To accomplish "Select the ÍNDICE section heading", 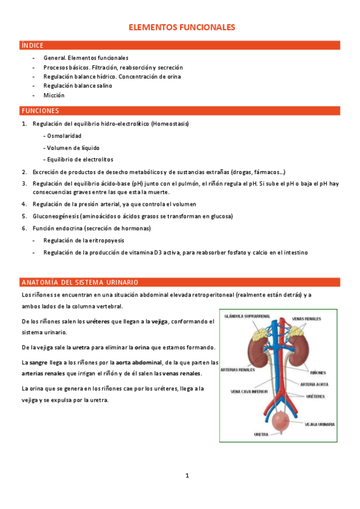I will click(32, 45).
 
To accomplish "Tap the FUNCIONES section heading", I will click(40, 111).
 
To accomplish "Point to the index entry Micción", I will click(53, 95).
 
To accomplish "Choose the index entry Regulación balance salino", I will click(77, 86).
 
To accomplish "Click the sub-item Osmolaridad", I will click(64, 136).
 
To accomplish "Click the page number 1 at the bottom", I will click(187, 476).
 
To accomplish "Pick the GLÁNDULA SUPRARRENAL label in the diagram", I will click(247, 316).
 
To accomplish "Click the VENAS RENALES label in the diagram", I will click(306, 318).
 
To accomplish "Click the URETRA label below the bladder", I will click(261, 433).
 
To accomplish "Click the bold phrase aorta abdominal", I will click(139, 362).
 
